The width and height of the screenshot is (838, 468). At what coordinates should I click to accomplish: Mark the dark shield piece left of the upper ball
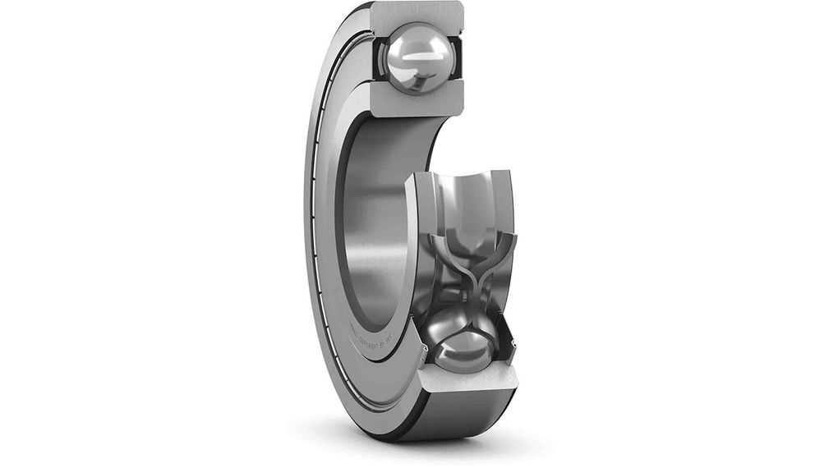(x=380, y=57)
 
